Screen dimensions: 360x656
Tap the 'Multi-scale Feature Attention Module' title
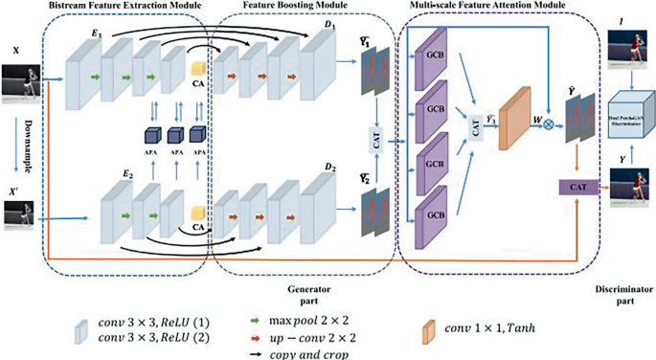pos(487,8)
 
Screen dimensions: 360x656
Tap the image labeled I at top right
pos(627,48)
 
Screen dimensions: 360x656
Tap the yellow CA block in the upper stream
pos(198,70)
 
